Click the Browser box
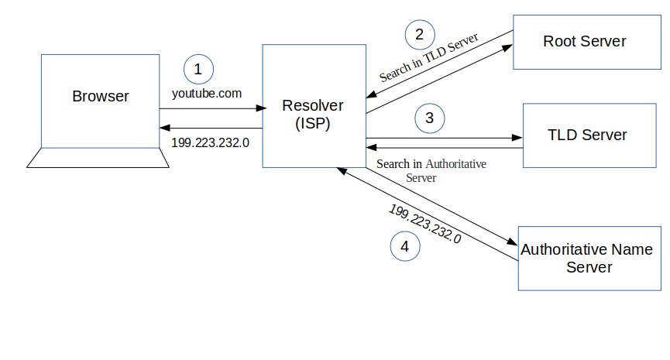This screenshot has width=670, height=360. [x=100, y=98]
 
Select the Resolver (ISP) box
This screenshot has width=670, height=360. [x=313, y=106]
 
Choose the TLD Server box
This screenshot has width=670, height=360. [x=586, y=135]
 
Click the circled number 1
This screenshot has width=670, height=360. [x=198, y=70]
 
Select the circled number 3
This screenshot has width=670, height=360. [x=430, y=118]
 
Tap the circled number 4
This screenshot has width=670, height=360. [x=404, y=247]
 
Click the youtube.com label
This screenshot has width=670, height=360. [x=207, y=93]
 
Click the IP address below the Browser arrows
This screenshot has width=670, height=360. [x=211, y=142]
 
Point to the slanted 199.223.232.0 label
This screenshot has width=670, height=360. [x=424, y=224]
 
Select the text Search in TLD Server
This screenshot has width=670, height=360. [x=428, y=57]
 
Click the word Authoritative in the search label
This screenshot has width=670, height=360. [x=456, y=164]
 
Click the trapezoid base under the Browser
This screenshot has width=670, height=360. [x=98, y=158]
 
